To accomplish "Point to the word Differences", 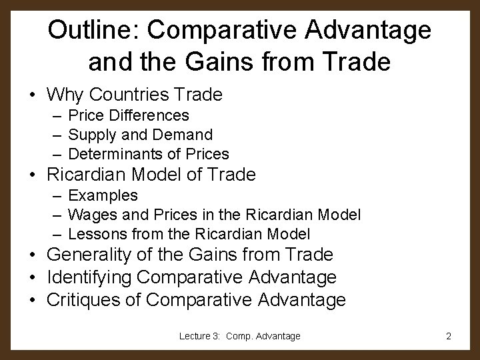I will (x=152, y=116).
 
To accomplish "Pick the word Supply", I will (x=91, y=135).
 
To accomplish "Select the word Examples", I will (x=103, y=195).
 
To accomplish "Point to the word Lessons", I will (x=94, y=234).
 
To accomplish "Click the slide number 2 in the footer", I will (x=449, y=336).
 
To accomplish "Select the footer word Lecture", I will (x=195, y=336).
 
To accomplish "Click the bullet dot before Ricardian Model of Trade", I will (x=32, y=175).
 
